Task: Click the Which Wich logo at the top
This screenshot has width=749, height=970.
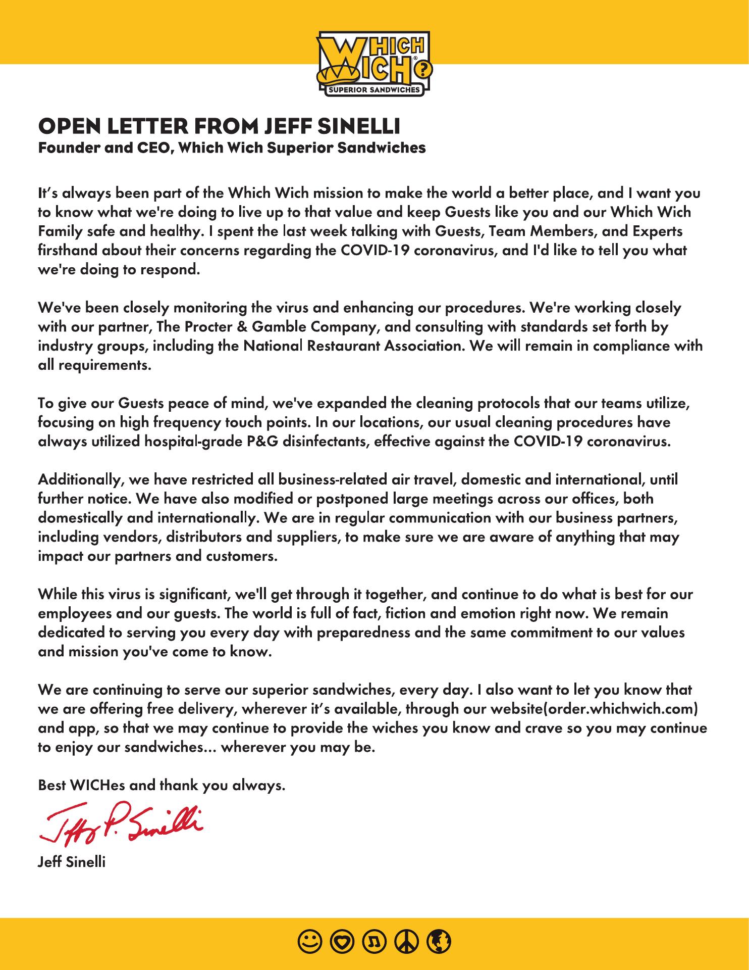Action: tap(374, 63)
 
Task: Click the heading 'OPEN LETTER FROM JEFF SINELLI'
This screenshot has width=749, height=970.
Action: tap(219, 126)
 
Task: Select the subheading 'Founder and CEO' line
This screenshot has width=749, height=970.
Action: tap(232, 148)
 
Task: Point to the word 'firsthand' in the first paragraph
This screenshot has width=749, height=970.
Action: tap(68, 251)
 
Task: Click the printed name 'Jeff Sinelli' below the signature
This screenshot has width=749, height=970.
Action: tap(72, 862)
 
